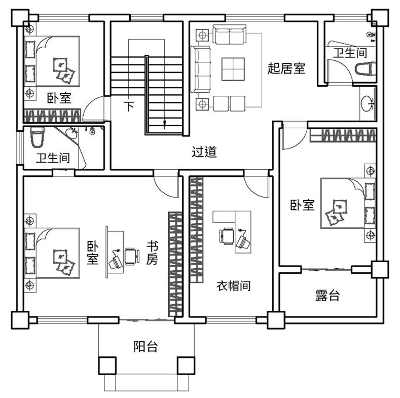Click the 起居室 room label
pyautogui.click(x=286, y=68)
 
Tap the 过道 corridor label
pyautogui.click(x=204, y=152)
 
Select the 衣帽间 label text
pyautogui.click(x=233, y=286)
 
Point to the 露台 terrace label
pyautogui.click(x=328, y=296)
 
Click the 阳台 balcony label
pyautogui.click(x=146, y=346)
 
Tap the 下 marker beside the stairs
pyautogui.click(x=129, y=106)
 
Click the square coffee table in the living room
pyautogui.click(x=233, y=69)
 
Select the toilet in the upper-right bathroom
pyautogui.click(x=366, y=68)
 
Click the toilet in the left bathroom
pyautogui.click(x=37, y=138)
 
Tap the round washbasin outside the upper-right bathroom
pyautogui.click(x=368, y=103)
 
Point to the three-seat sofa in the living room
pyautogui.click(x=201, y=69)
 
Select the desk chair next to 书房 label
pyautogui.click(x=132, y=257)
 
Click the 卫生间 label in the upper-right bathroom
pyautogui.click(x=350, y=53)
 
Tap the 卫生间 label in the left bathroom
pyautogui.click(x=53, y=158)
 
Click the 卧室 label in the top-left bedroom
pyautogui.click(x=59, y=98)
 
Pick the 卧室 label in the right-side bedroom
pyautogui.click(x=302, y=205)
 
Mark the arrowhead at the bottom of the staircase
pyautogui.click(x=165, y=123)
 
